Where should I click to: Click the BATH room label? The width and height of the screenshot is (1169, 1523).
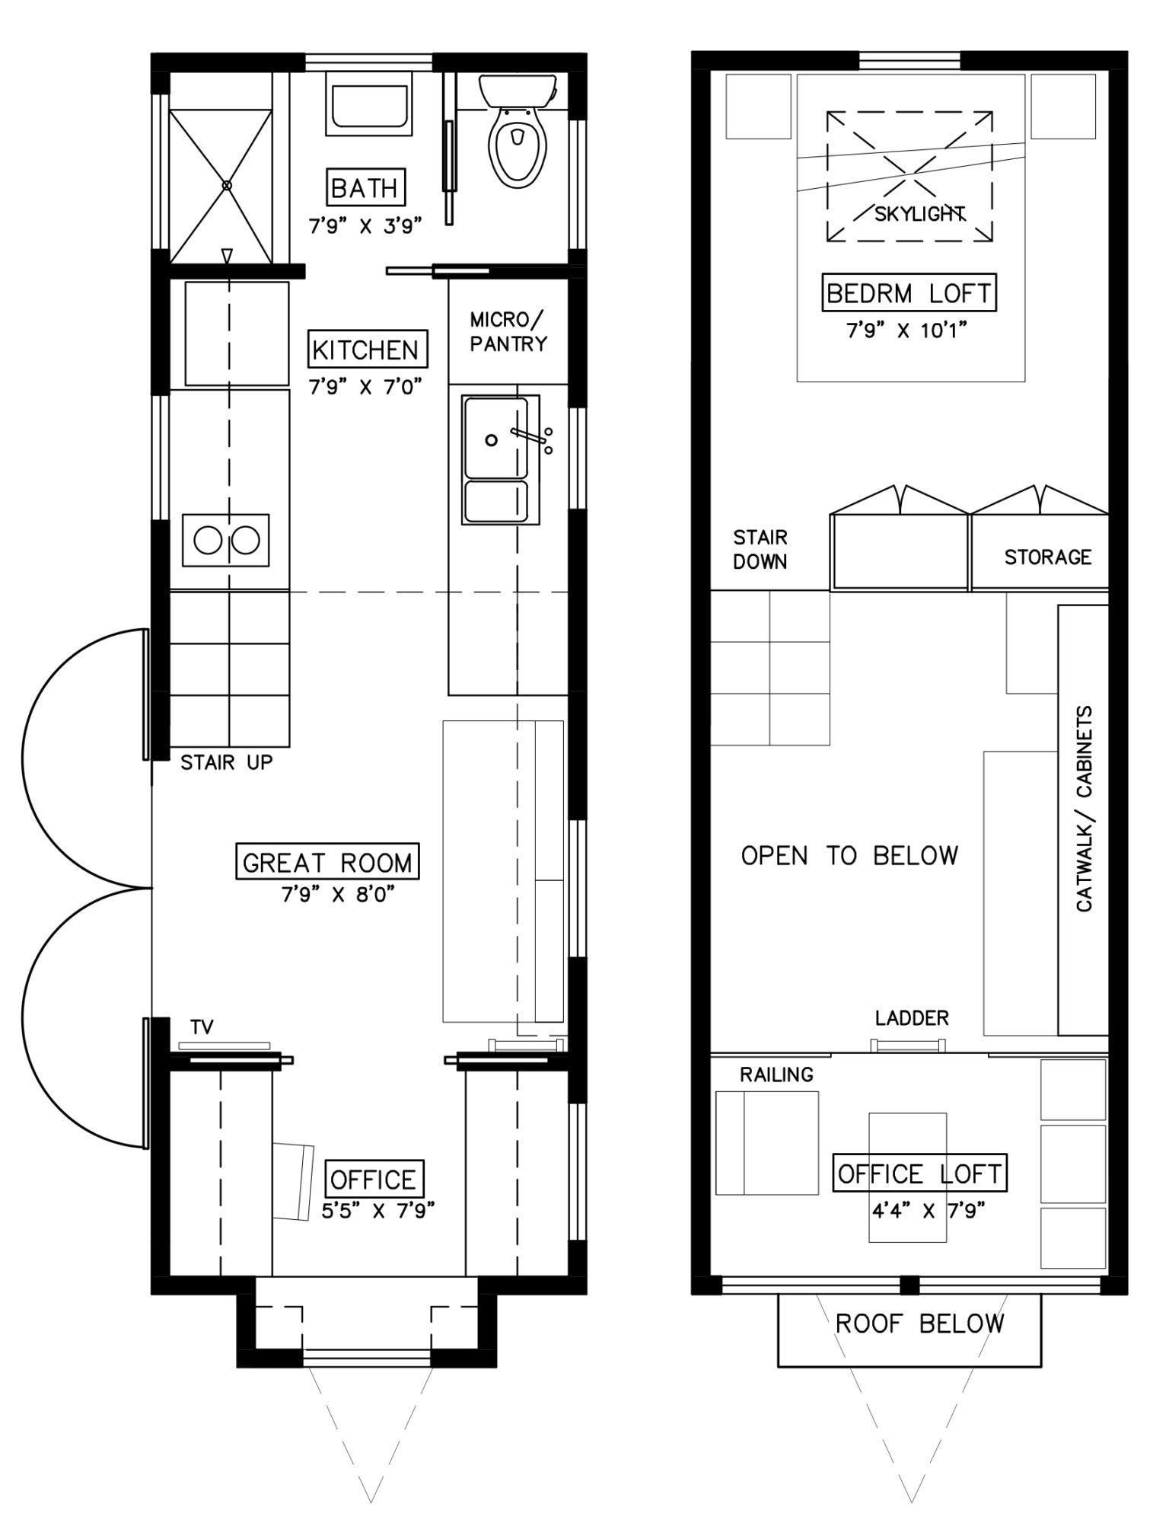pos(365,187)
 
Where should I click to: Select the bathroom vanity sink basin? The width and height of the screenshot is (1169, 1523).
pos(369,104)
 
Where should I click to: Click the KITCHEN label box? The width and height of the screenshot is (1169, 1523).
pos(366,350)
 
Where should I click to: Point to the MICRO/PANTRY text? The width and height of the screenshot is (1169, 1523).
pos(508,332)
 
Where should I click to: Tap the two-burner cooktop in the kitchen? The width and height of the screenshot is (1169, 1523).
pos(225,540)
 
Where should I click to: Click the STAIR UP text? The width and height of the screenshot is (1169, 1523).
pos(227,762)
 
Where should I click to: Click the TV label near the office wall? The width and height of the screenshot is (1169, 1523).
pos(202,1027)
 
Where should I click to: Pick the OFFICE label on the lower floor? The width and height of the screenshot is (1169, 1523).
pos(373,1180)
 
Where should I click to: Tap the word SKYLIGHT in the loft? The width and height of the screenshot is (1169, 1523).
pos(919,214)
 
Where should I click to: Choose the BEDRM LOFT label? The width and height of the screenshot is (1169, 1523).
pos(909,293)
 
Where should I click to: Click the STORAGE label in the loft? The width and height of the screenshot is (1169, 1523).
pos(1048,557)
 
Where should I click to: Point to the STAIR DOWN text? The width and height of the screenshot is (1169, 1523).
pos(760,550)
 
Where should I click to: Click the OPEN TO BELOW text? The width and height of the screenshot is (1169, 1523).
pos(849,856)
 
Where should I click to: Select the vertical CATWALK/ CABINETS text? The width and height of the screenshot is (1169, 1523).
pos(1084,808)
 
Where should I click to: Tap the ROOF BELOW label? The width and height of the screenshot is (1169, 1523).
pos(919,1323)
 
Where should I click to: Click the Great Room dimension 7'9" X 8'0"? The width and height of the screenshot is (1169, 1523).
pos(339,894)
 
